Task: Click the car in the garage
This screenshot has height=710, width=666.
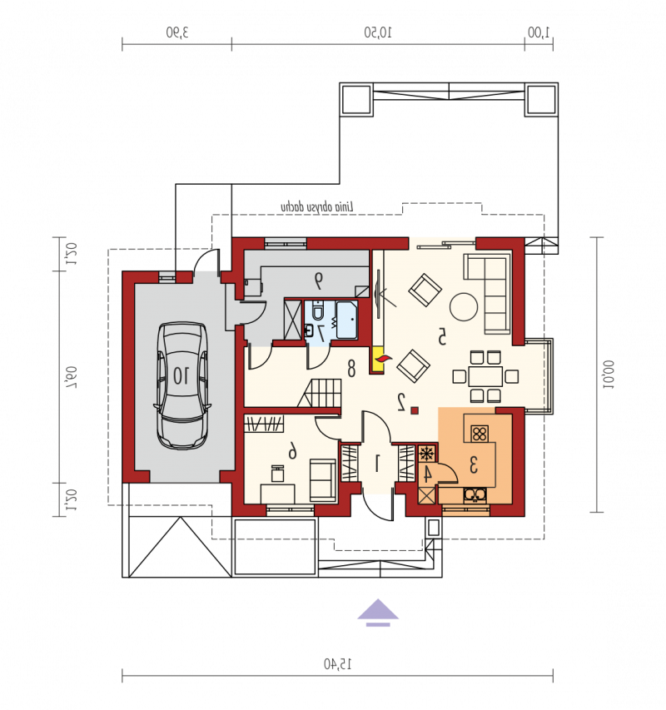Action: click(x=182, y=385)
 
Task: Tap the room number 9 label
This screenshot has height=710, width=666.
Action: click(x=319, y=281)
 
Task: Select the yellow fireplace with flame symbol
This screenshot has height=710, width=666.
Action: click(x=376, y=360)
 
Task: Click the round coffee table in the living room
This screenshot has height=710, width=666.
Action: click(x=463, y=306)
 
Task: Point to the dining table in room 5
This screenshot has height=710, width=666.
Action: click(x=485, y=376)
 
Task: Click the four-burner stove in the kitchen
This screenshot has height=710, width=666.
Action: click(x=479, y=434)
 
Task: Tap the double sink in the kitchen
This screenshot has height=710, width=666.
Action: click(x=475, y=494)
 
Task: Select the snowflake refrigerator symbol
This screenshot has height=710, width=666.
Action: click(x=426, y=454)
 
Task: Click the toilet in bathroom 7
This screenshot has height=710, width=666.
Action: click(x=318, y=310)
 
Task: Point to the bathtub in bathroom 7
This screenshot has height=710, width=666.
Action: click(x=347, y=320)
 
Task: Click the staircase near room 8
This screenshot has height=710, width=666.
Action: click(x=320, y=393)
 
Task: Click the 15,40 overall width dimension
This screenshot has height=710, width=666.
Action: click(x=337, y=664)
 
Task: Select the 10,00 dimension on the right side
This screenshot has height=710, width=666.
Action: click(x=608, y=375)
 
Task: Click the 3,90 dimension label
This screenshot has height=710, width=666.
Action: click(x=177, y=32)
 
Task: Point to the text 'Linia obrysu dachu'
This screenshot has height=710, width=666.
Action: click(x=317, y=207)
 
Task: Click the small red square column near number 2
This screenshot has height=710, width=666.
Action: click(x=415, y=410)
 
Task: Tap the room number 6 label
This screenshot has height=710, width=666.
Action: click(x=293, y=451)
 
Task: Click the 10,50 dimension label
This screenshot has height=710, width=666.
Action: click(x=378, y=32)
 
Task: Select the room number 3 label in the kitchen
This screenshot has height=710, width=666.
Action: click(x=473, y=465)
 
